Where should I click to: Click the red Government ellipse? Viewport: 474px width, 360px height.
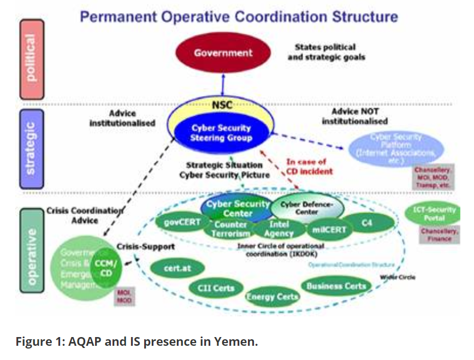click(x=223, y=53)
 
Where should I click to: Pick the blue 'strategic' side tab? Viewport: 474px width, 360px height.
click(x=34, y=148)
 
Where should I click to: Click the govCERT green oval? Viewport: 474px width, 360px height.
click(x=182, y=223)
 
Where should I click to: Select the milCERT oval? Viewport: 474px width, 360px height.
click(x=329, y=229)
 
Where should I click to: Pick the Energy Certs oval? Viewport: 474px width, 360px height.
click(x=272, y=297)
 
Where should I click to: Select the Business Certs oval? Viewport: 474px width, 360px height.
click(x=336, y=286)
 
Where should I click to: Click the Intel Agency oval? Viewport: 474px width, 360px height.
click(x=279, y=228)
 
